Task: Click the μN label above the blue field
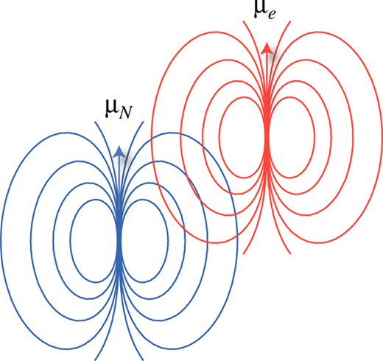(119, 109)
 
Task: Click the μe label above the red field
(264, 10)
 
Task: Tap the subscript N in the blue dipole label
(125, 113)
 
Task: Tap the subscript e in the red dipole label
(271, 15)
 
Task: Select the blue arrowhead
(119, 151)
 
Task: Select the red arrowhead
(267, 48)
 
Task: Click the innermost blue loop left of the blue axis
(71, 241)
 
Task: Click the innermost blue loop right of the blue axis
(168, 241)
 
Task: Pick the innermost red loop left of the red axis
(219, 138)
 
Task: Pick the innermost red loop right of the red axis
(315, 138)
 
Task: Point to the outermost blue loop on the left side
(1, 241)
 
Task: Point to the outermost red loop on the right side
(382, 138)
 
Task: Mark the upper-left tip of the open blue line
(95, 122)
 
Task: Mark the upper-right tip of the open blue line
(143, 122)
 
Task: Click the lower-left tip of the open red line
(243, 253)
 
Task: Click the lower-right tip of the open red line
(290, 253)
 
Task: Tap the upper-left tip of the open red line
(243, 21)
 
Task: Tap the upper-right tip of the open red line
(291, 21)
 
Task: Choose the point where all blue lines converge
(119, 241)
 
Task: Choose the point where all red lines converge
(267, 138)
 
